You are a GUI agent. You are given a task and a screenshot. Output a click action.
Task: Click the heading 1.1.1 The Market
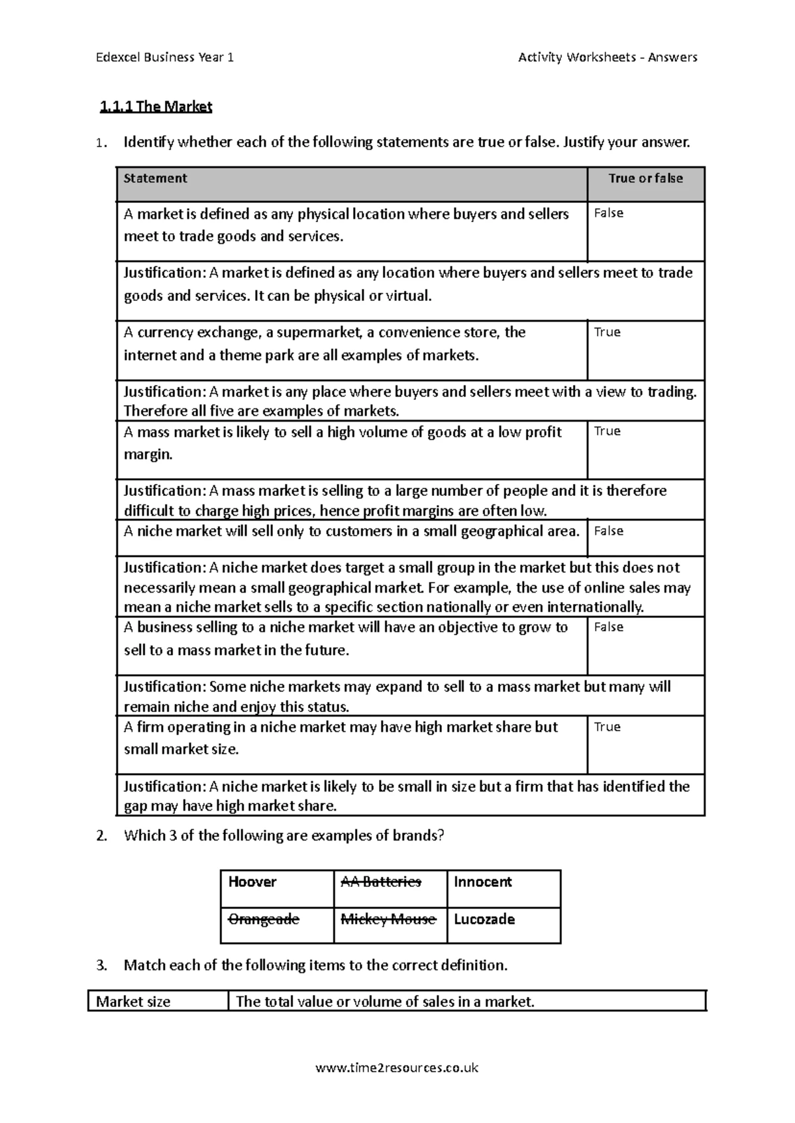[156, 106]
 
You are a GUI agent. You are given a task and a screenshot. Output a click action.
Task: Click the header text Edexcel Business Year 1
[164, 57]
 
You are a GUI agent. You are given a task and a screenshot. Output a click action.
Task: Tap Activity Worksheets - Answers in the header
[607, 57]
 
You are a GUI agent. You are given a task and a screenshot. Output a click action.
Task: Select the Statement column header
[156, 178]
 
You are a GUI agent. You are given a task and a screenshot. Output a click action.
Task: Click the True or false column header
[645, 178]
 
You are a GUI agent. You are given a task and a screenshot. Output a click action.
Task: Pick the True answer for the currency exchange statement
[607, 332]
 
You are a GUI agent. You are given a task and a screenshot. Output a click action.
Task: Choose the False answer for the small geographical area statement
[608, 531]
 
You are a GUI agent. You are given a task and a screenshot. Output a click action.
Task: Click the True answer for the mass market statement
[607, 432]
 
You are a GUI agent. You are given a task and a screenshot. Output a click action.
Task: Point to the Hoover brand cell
[252, 882]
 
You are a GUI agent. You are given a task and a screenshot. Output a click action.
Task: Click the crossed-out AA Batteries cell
[381, 882]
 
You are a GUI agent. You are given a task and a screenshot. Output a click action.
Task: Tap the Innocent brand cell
[483, 882]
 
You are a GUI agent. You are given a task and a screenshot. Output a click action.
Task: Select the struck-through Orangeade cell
[264, 919]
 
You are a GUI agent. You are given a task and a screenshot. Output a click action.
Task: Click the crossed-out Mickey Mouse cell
[388, 919]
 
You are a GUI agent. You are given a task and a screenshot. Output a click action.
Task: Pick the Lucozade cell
[484, 919]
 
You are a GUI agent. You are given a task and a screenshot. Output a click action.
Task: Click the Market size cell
[133, 1002]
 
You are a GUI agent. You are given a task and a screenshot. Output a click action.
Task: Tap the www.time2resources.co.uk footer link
[397, 1067]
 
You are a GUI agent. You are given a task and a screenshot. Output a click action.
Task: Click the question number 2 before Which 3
[101, 836]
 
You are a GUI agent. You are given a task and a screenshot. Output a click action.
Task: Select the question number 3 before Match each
[101, 965]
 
